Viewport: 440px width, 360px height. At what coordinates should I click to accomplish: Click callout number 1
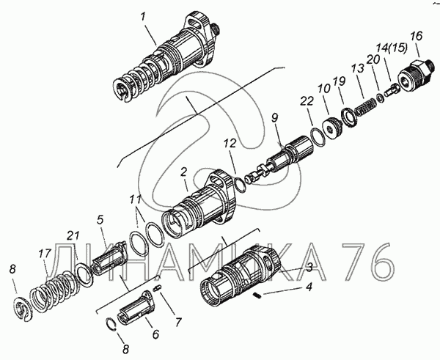pyautogui.click(x=143, y=18)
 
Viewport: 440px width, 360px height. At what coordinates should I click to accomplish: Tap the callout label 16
pyautogui.click(x=416, y=36)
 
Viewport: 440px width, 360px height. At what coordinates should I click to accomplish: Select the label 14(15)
pyautogui.click(x=392, y=48)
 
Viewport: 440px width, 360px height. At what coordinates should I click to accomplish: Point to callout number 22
pyautogui.click(x=307, y=101)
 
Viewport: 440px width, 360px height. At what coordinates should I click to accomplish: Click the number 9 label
pyautogui.click(x=274, y=118)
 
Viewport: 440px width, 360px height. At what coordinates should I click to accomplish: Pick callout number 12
pyautogui.click(x=230, y=144)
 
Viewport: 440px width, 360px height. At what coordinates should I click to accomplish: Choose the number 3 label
pyautogui.click(x=309, y=268)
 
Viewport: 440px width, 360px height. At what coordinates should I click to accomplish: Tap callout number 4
pyautogui.click(x=309, y=287)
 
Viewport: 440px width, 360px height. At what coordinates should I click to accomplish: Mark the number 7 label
pyautogui.click(x=179, y=322)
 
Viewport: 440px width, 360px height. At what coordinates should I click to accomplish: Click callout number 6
pyautogui.click(x=155, y=334)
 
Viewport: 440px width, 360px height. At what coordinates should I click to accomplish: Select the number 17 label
pyautogui.click(x=45, y=254)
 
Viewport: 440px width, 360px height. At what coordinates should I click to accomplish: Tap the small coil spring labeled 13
pyautogui.click(x=366, y=106)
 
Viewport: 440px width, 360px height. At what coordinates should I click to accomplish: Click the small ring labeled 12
pyautogui.click(x=240, y=185)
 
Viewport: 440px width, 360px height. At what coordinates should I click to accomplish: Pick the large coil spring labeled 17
pyautogui.click(x=52, y=290)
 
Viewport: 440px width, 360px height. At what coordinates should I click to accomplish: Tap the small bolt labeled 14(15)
pyautogui.click(x=390, y=91)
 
